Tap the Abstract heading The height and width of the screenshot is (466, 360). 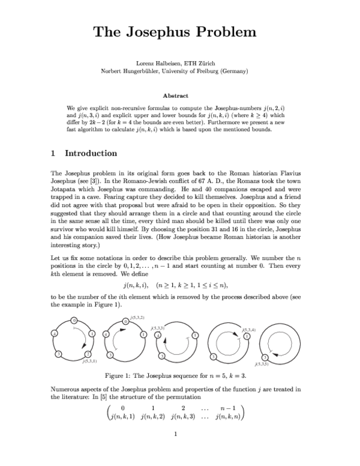point(175,95)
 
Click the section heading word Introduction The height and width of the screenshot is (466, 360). point(91,154)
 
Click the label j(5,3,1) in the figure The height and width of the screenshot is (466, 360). point(90,362)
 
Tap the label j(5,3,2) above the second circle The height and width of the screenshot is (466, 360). point(136,316)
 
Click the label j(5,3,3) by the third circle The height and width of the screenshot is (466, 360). point(158,328)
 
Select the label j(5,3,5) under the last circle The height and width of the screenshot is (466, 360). point(262,364)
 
